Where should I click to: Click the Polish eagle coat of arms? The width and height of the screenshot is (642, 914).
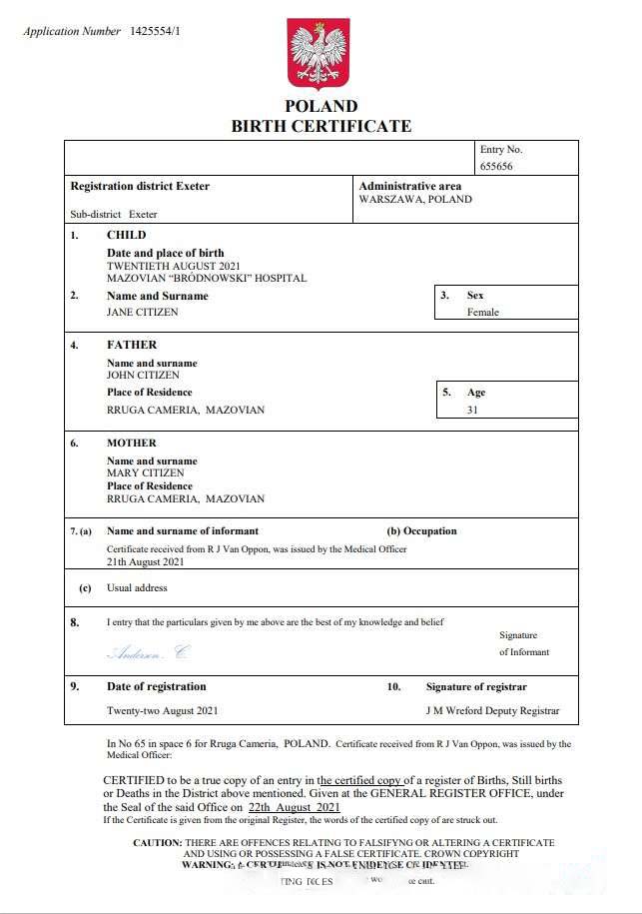tap(319, 54)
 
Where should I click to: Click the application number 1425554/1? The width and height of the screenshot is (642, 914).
tap(156, 32)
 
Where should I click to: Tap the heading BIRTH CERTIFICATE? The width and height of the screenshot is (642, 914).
tap(321, 126)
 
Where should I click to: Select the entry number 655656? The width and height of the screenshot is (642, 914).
tap(496, 167)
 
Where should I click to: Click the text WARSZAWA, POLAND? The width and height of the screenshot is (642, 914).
tap(415, 199)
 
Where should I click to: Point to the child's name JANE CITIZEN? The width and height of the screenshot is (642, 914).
tap(142, 313)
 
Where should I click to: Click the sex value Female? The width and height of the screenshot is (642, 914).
tap(483, 313)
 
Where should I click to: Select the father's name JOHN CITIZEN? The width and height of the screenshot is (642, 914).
tap(143, 376)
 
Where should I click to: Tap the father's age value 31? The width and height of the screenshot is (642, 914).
tap(472, 410)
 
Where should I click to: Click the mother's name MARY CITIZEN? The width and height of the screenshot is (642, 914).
tap(144, 473)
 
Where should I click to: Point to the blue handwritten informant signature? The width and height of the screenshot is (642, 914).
tap(147, 653)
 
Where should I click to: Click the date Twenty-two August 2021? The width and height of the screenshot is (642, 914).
tap(162, 711)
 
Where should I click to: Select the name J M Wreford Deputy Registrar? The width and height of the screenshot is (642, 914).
tap(492, 711)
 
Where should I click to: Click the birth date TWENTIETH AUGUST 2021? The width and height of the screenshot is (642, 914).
tap(174, 267)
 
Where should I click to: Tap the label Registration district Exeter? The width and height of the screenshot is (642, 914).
tap(140, 186)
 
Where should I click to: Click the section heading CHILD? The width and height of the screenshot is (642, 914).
tap(127, 236)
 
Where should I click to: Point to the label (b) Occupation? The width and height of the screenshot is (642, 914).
tap(421, 531)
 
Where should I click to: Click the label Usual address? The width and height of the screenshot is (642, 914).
tap(137, 588)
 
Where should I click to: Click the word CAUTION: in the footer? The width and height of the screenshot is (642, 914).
tap(158, 843)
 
